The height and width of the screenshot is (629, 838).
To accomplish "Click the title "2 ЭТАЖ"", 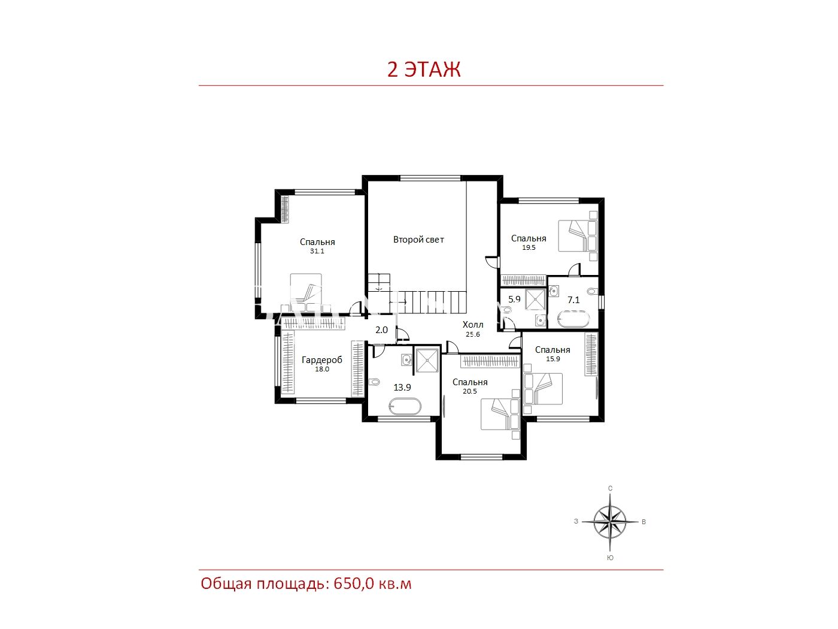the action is pos(424,69).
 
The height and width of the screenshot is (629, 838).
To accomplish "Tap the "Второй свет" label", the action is pos(418,240).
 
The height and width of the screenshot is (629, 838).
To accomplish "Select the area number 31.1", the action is pos(317,251).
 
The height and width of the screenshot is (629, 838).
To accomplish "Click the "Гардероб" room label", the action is pos(322,360).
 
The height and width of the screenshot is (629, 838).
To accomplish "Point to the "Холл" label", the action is pos(473,325).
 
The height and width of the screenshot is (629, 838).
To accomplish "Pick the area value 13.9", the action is pos(402,388).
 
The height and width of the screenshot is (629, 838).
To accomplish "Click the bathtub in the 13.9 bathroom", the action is pos(405,407).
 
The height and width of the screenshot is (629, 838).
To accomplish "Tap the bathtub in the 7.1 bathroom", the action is pos(573,319).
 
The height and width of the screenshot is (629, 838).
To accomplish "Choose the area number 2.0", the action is pos(381,330).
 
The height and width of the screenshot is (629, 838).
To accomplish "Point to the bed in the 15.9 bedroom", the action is pos(543,389).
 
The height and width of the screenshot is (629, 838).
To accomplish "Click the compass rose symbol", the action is pos(610,522).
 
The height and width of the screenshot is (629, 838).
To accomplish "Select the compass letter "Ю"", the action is pos(610,558).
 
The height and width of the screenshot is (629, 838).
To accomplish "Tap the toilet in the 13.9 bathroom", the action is pos(374,382).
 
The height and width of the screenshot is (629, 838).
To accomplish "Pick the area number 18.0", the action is pos(322,369).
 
